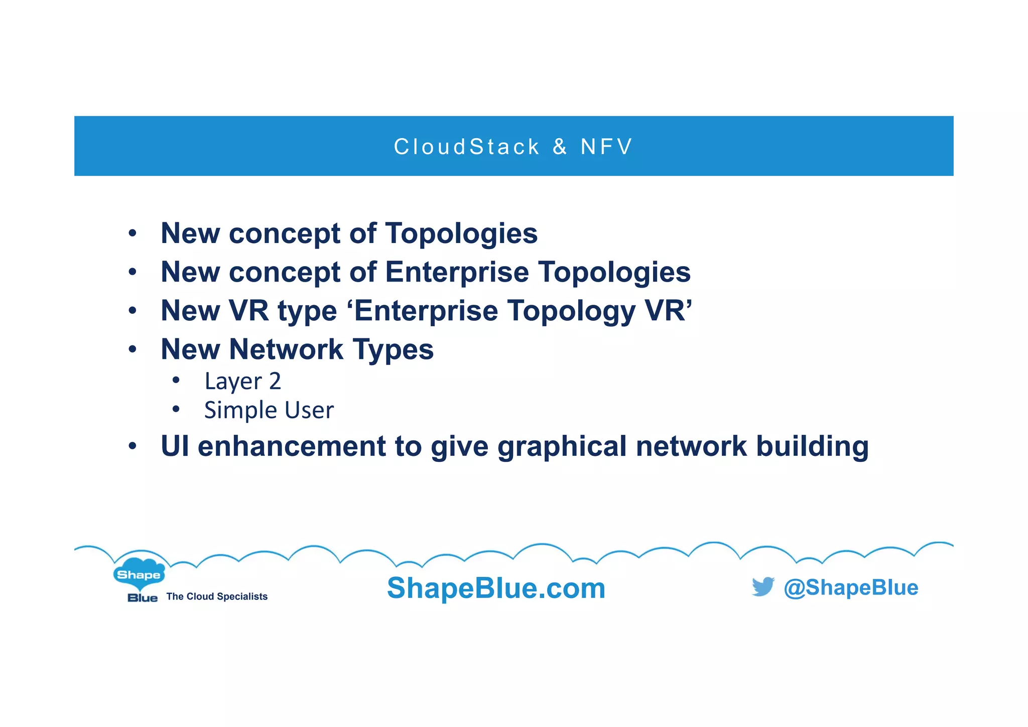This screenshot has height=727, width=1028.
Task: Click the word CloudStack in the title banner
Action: pos(466,147)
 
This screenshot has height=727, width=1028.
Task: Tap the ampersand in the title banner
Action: pos(560,147)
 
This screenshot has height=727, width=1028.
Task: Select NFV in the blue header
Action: pos(606,147)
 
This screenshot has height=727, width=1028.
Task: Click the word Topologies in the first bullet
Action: pos(461,233)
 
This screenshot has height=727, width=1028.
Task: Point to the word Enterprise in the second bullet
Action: pos(457,272)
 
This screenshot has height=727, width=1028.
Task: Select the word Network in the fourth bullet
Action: pos(286,349)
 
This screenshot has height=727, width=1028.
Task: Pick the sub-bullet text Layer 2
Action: pos(242,382)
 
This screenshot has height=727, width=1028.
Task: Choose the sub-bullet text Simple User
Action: pos(269,410)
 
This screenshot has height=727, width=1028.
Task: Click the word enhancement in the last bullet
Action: pos(292,446)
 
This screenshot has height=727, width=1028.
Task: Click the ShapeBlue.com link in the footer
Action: pos(496,588)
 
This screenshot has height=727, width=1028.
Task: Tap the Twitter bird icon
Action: pos(763,586)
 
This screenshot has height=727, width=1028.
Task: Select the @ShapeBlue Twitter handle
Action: pos(851,587)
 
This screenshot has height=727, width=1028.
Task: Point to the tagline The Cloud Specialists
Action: pos(217,596)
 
